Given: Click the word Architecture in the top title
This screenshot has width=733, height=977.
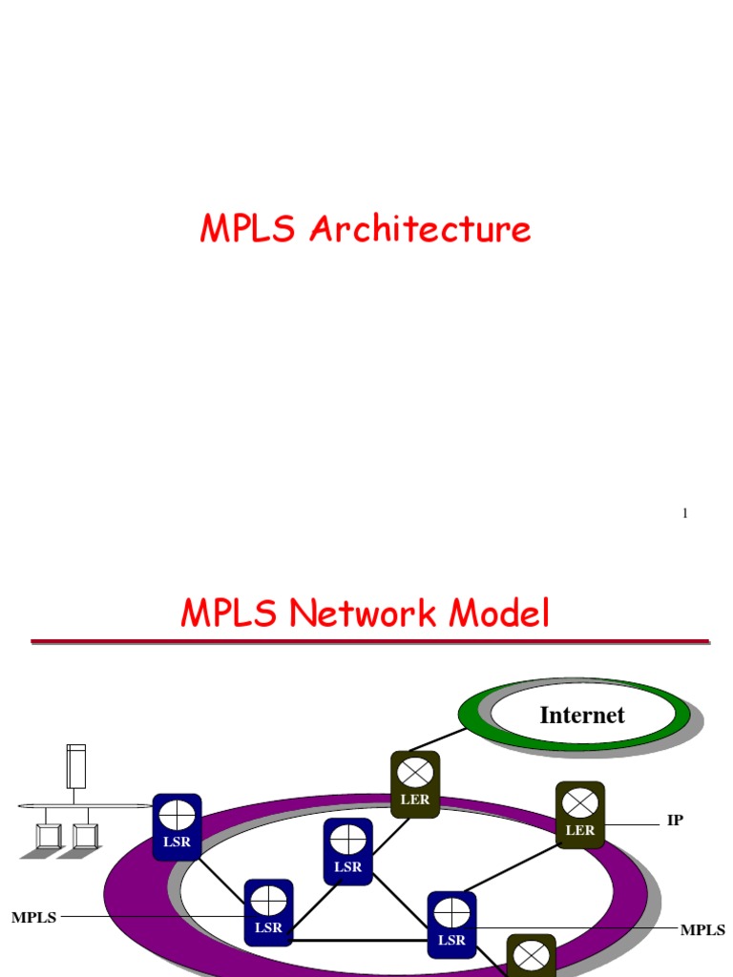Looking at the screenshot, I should (420, 230).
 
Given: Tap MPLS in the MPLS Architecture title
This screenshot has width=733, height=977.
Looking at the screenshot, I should (249, 230).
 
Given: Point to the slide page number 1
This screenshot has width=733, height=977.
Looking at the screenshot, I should (684, 514).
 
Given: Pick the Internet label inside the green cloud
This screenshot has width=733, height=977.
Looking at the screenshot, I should (582, 716).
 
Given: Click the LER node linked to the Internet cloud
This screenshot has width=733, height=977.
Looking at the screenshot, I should (415, 784).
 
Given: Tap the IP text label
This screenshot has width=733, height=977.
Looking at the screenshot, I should (675, 821).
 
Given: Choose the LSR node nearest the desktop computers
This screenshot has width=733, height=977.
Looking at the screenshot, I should (178, 826).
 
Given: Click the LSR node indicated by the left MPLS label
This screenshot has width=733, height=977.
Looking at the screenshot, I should (268, 912).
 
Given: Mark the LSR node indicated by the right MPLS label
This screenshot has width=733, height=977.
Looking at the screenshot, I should (451, 925).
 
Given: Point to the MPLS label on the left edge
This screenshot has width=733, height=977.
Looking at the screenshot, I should (33, 918).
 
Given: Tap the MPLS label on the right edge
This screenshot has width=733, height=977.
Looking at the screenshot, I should (702, 930).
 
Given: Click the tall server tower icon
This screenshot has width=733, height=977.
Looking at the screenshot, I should (76, 766).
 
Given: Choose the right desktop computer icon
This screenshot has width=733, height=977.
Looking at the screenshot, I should (85, 836).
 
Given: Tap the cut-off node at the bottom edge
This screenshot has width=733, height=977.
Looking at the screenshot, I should (532, 957).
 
